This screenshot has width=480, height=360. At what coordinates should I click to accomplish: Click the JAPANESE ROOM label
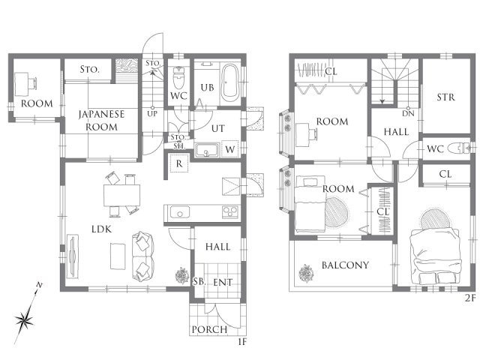click(x=101, y=120)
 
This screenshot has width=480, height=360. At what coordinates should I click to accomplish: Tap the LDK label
click(x=102, y=229)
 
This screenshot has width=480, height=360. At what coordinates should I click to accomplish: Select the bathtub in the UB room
click(x=230, y=82)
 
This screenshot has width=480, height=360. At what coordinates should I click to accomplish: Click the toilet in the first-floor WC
click(x=178, y=77)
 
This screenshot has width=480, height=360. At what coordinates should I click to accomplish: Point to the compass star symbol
click(x=24, y=321)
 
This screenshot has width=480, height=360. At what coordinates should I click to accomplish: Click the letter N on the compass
click(x=39, y=285)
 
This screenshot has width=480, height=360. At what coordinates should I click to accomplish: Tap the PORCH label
click(x=210, y=330)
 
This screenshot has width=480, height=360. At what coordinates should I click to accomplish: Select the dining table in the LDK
click(x=121, y=195)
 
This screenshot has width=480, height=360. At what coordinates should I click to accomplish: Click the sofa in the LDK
click(x=142, y=256)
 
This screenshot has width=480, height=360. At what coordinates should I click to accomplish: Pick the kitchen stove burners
click(x=230, y=211)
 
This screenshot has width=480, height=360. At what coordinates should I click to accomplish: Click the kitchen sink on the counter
click(x=180, y=212)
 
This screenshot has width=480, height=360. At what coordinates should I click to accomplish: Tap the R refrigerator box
click(x=179, y=163)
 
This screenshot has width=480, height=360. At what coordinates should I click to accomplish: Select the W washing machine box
click(x=230, y=149)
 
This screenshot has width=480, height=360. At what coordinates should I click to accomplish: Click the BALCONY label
click(x=345, y=265)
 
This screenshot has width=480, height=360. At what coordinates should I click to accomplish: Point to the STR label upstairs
click(x=445, y=97)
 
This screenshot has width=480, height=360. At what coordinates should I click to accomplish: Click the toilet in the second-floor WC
click(x=458, y=148)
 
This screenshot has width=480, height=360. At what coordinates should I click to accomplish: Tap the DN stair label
click(x=408, y=113)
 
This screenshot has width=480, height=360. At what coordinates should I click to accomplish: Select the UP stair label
click(x=152, y=114)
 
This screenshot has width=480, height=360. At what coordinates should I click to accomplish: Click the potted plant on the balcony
click(x=307, y=273)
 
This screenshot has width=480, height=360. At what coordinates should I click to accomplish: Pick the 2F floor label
click(x=470, y=298)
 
